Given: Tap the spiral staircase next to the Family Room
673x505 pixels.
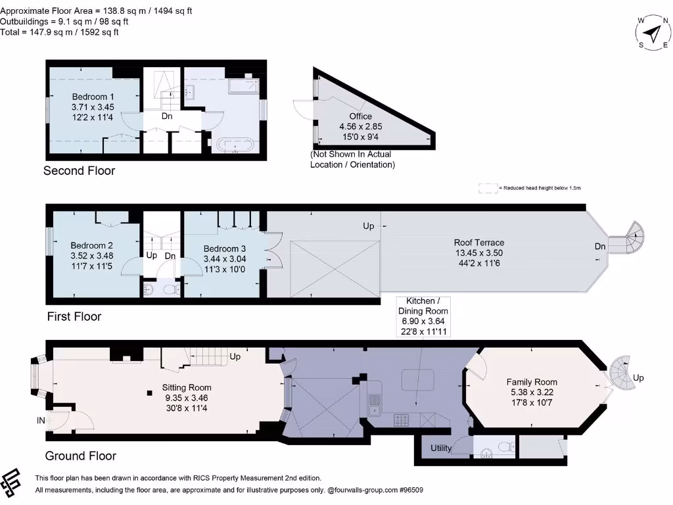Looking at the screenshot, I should (x=620, y=373).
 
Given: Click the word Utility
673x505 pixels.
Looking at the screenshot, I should (x=441, y=448).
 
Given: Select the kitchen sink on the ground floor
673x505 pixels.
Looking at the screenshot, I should (x=375, y=403).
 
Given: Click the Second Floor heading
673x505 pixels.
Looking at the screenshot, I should (x=79, y=171).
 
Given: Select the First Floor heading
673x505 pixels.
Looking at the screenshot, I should (x=74, y=316).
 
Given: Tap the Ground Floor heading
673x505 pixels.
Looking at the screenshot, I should (x=80, y=456).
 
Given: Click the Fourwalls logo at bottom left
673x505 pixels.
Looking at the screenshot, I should (x=14, y=484).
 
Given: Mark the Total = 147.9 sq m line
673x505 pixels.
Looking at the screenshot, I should (x=59, y=32).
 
